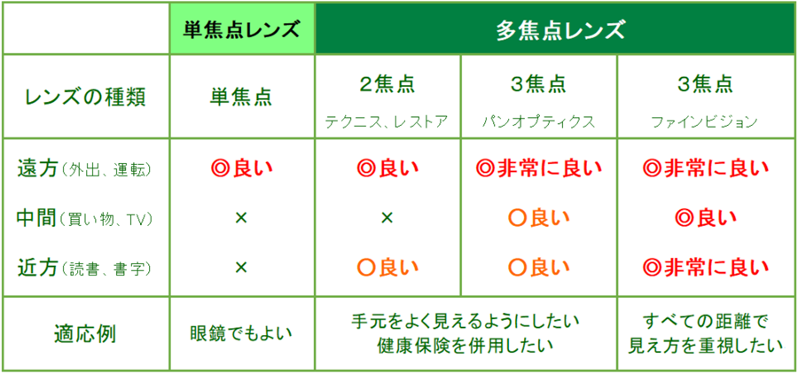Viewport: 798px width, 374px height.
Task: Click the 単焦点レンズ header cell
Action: click(242, 28)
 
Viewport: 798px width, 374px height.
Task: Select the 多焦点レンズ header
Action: click(555, 28)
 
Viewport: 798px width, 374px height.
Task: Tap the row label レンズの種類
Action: click(86, 97)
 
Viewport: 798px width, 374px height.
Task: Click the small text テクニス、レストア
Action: click(387, 122)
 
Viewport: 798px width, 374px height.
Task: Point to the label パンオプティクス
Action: click(538, 122)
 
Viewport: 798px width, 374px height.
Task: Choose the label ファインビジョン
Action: click(706, 122)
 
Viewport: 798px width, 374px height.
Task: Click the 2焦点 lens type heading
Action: click(387, 85)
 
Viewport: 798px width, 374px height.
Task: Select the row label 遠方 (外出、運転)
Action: click(84, 169)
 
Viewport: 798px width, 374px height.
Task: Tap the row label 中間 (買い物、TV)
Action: click(84, 218)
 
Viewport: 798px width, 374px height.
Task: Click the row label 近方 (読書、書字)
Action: click(84, 267)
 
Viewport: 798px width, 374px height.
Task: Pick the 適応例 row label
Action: click(85, 334)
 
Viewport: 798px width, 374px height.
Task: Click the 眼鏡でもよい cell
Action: click(241, 334)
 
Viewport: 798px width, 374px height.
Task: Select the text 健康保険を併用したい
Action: click(465, 346)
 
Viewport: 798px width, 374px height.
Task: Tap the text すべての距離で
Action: click(706, 322)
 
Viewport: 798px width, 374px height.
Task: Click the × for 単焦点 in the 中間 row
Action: click(241, 218)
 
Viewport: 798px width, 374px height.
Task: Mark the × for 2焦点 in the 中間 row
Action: click(387, 218)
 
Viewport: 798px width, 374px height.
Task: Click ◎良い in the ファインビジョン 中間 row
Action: click(706, 218)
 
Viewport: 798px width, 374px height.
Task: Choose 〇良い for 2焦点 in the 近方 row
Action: click(387, 267)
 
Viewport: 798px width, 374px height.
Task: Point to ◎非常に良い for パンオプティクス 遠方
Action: click(538, 169)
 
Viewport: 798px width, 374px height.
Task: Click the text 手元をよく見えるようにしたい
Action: click(465, 322)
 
